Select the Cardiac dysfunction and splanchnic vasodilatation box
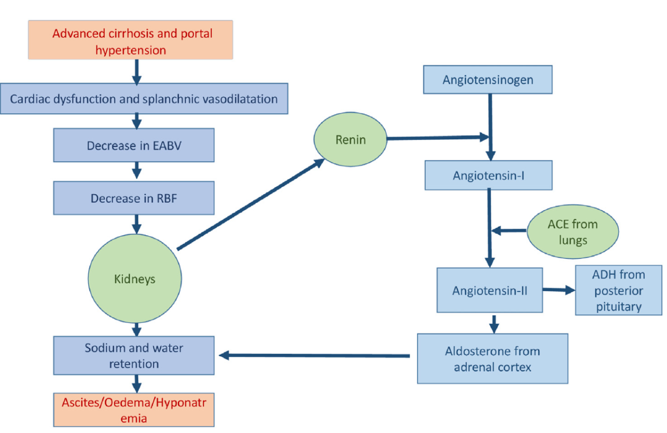coord(144,98)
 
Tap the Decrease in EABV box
coord(134,146)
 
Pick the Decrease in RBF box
coord(134,198)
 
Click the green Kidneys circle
coord(134,279)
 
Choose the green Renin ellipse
coord(350,140)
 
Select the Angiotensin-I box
coord(489,175)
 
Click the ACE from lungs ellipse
coord(572,231)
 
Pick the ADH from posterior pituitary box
coord(619,291)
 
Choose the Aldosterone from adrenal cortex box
coord(492,358)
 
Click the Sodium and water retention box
coord(134,355)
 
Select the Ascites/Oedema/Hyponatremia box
coord(134,409)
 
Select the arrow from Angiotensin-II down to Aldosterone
coord(494,324)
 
